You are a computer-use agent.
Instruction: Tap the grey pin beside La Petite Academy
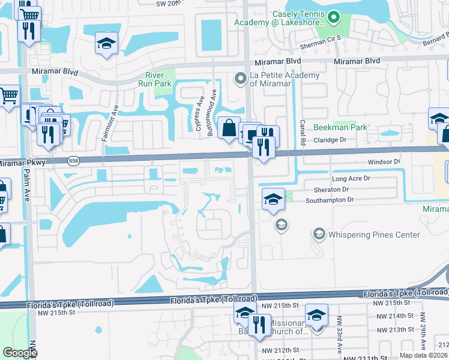(x=241, y=79)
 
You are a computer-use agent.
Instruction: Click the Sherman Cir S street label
(x=320, y=47)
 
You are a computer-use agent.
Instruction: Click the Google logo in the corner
(x=20, y=353)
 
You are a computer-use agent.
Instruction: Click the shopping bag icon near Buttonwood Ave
(x=229, y=128)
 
